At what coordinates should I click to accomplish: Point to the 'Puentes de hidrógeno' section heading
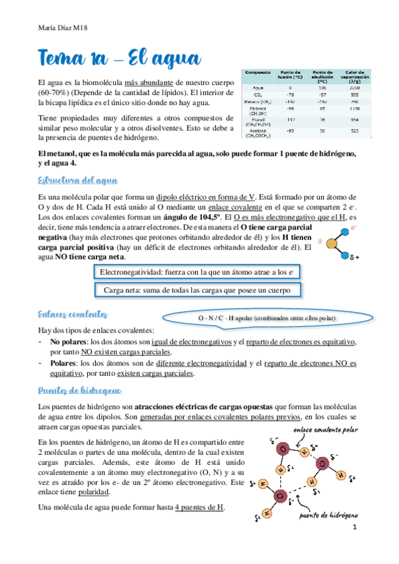pos(79,389)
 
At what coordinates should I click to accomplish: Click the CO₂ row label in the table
pos(256,94)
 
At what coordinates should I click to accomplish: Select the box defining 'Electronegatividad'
pos(198,273)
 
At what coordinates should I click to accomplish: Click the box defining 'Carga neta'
pos(198,290)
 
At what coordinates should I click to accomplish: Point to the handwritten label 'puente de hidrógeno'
pos(330,515)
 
